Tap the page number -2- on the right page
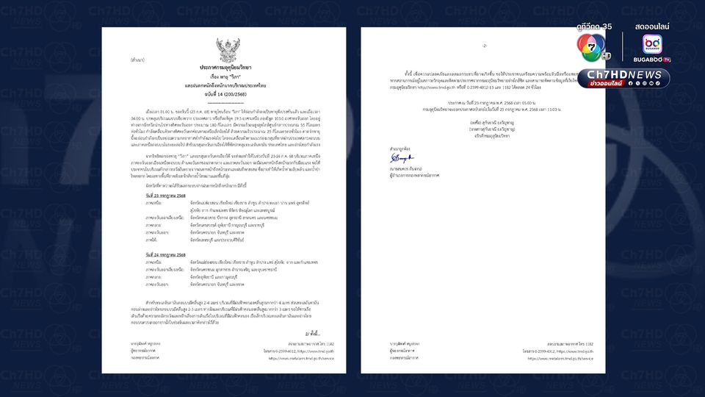coord(485,46)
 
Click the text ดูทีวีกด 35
coord(594,26)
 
